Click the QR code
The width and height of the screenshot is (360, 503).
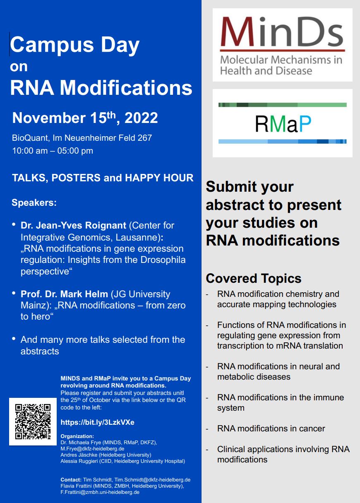tap(33, 421)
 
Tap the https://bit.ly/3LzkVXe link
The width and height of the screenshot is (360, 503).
tap(97, 422)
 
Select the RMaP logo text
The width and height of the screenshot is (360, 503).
tap(283, 123)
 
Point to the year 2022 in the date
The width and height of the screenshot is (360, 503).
tap(141, 118)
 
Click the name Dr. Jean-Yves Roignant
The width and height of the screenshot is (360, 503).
tap(73, 225)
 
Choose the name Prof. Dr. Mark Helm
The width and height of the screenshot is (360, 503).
tap(65, 294)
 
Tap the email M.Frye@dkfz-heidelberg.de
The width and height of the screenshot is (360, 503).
tap(92, 449)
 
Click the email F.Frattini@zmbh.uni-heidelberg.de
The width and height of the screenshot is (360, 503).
tap(100, 492)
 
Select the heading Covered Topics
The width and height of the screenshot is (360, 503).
tap(253, 279)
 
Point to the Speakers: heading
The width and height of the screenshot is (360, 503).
tap(34, 202)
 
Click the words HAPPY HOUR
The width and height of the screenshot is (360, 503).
tap(159, 178)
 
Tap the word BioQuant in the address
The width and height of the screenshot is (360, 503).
tap(31, 138)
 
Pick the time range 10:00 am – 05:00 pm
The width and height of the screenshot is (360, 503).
tap(53, 151)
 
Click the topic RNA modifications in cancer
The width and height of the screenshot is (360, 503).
tap(271, 428)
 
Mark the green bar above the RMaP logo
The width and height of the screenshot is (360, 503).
tap(282, 105)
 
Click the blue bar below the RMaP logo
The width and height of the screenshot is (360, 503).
tap(282, 142)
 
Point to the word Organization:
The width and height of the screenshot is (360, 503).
tap(77, 436)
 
